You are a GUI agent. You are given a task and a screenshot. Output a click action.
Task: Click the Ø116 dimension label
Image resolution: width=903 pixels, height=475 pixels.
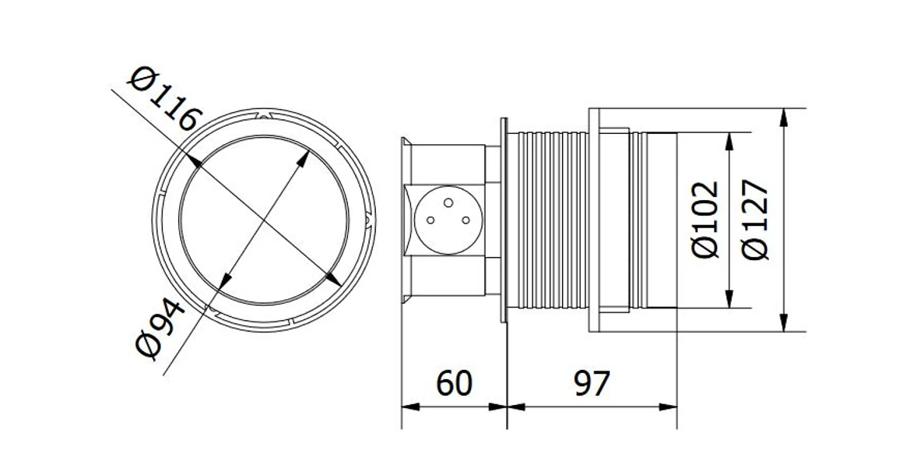coord(165,99)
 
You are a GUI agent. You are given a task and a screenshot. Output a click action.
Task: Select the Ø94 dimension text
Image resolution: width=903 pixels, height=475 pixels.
coord(160,328)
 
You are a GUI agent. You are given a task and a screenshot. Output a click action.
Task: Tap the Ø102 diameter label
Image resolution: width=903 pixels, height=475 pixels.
coord(706,220)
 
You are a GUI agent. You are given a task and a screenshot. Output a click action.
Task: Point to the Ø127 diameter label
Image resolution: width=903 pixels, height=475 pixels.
coord(755,220)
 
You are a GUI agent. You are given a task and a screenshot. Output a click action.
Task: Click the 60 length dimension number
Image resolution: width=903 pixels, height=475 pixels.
coord(454,383)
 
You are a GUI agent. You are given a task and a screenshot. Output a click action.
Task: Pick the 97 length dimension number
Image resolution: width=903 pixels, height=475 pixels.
coord(592,383)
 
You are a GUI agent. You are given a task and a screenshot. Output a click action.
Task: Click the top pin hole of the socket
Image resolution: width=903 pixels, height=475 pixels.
coord(448,202)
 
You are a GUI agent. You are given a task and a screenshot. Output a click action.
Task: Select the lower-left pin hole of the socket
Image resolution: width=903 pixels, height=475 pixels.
coord(430,220)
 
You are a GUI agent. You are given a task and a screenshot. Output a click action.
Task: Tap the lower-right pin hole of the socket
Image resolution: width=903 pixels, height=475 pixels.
coord(465,220)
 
